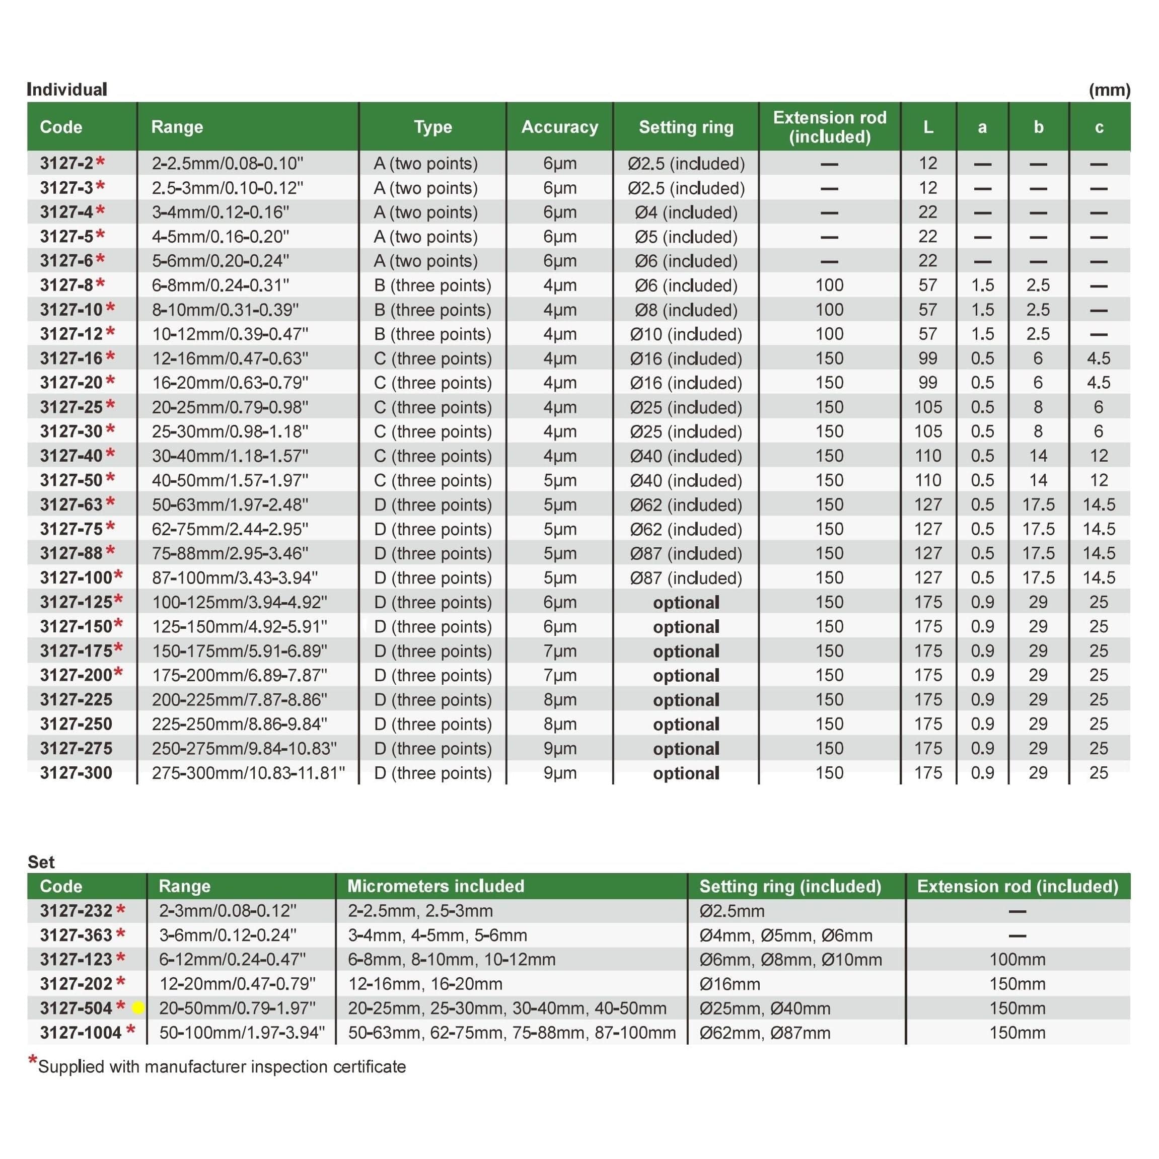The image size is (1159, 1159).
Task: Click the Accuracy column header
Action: click(x=559, y=126)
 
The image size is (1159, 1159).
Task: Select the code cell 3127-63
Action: click(x=71, y=504)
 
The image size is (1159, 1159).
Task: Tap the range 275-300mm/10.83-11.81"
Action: click(x=248, y=773)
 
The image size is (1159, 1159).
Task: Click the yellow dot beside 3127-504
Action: click(x=138, y=1008)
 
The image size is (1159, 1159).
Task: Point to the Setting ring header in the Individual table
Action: click(x=686, y=126)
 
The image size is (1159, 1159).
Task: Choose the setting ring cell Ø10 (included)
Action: click(x=686, y=334)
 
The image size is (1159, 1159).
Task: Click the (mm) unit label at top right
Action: click(x=1109, y=90)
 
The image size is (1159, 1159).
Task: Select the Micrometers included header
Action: click(x=436, y=886)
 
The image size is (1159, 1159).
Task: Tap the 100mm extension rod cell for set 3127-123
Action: click(x=1017, y=959)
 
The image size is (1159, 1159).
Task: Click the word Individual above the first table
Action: click(x=67, y=90)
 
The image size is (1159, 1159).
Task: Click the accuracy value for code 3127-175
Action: click(x=559, y=651)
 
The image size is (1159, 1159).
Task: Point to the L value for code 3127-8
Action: click(x=927, y=285)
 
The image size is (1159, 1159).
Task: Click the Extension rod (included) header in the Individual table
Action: click(x=829, y=126)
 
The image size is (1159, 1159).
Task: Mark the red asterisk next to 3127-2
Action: click(x=100, y=162)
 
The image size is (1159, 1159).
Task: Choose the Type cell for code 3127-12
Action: click(x=432, y=334)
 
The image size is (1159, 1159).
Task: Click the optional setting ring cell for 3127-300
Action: click(x=686, y=773)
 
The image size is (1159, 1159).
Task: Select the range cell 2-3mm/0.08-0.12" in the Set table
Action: click(x=228, y=911)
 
